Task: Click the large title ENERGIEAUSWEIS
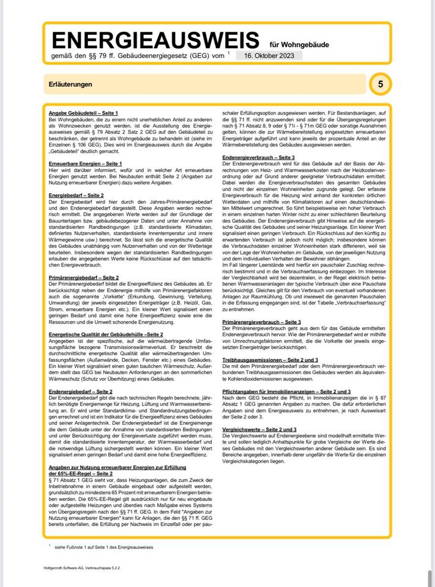(155, 40)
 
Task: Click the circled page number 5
(381, 84)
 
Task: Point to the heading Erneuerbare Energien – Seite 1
(85, 163)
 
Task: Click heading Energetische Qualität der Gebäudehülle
(106, 334)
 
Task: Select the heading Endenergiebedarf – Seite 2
(80, 391)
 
